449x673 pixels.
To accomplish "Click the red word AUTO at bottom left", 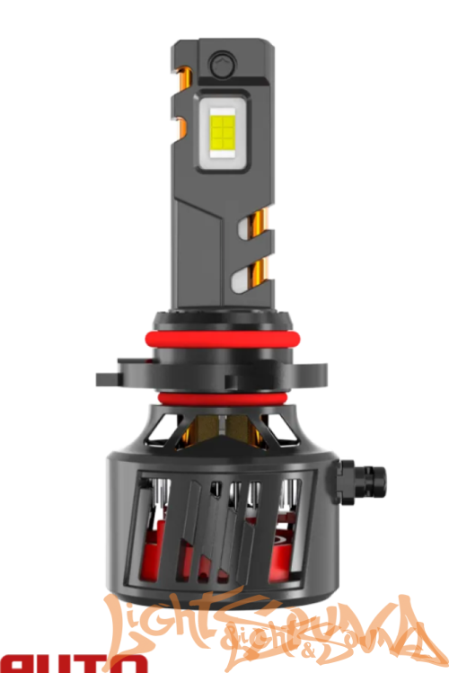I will (x=72, y=664).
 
